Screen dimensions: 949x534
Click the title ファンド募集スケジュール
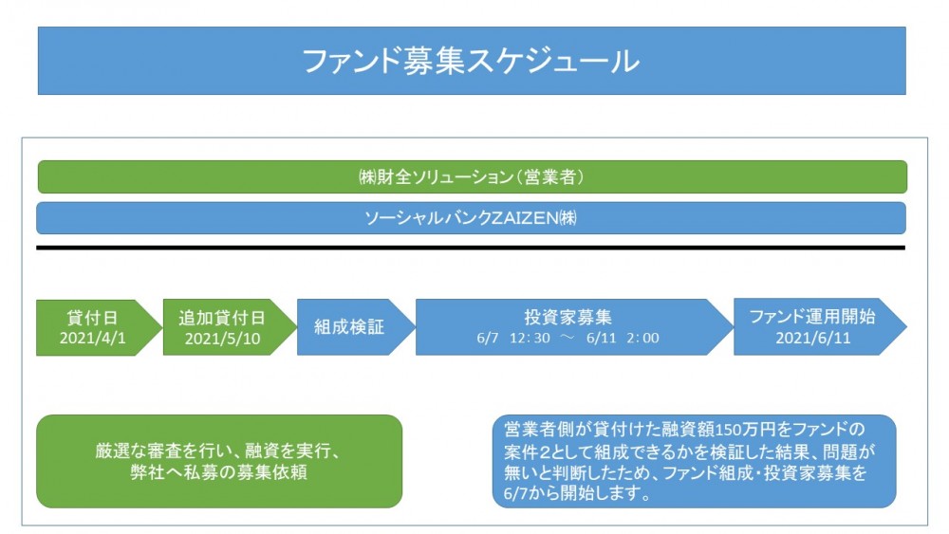471,62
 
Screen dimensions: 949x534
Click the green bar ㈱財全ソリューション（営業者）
472,176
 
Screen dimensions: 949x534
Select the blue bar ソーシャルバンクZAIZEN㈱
471,218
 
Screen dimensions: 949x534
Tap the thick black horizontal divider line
471,248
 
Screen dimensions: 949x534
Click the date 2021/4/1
93,338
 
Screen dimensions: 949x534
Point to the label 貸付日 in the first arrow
92,318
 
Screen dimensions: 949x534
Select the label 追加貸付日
222,318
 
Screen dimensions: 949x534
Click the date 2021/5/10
222,338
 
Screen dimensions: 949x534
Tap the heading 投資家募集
568,317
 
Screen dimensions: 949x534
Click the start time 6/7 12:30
513,338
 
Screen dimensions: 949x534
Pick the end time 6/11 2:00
623,338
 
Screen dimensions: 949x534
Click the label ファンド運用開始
812,316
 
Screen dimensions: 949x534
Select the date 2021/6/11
813,338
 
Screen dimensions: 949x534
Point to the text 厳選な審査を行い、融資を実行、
218,451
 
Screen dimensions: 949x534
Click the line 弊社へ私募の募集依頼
218,471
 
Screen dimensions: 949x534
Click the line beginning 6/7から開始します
577,493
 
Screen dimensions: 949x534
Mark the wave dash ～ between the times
568,338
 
